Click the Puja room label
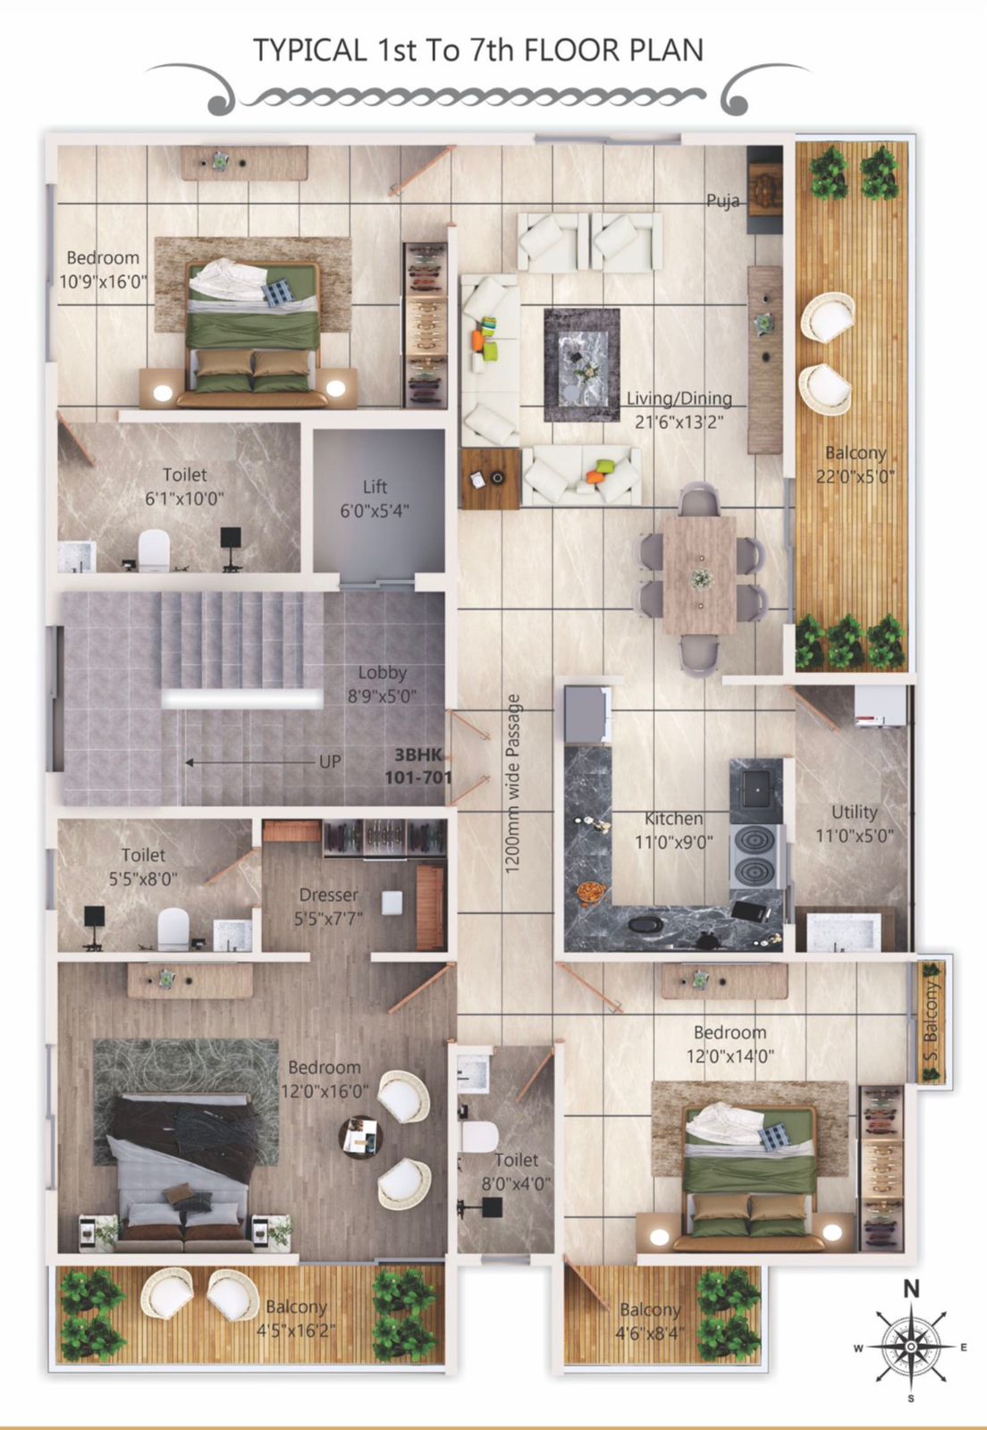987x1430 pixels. [x=722, y=201]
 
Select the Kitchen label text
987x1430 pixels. [x=673, y=819]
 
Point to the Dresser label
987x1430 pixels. [x=329, y=895]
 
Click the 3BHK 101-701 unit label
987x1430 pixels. [x=418, y=766]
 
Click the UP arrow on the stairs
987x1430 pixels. [x=252, y=762]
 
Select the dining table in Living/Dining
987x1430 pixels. [x=700, y=576]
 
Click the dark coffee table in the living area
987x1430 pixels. [x=582, y=366]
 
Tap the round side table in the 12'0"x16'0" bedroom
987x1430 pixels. [x=360, y=1137]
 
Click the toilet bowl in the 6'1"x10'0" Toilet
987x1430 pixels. [x=154, y=551]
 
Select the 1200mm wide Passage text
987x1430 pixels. [x=512, y=784]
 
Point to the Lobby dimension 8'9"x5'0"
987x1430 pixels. [x=382, y=696]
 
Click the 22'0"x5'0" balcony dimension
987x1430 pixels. [x=856, y=476]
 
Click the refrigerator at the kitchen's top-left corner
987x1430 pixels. [x=587, y=715]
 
